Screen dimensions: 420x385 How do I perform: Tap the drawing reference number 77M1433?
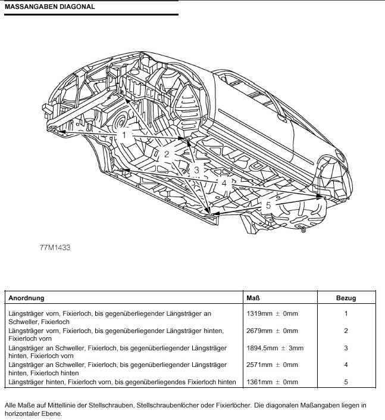coord(55,245)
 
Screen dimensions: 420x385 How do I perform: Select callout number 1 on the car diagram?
coord(124,135)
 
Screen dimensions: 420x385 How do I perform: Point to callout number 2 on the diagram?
coord(167,154)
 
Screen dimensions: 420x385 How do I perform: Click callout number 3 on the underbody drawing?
coord(196,170)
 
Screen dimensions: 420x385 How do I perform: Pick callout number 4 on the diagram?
coord(224,183)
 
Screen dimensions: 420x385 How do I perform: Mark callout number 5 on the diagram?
coord(268,205)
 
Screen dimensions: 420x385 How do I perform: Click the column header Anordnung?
coord(26,297)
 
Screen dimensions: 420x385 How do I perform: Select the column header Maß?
coord(252,297)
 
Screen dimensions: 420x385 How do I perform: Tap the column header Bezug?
coord(346,297)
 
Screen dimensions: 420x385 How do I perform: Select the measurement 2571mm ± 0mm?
coord(272,365)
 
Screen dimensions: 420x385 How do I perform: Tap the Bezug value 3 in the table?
coord(346,347)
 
